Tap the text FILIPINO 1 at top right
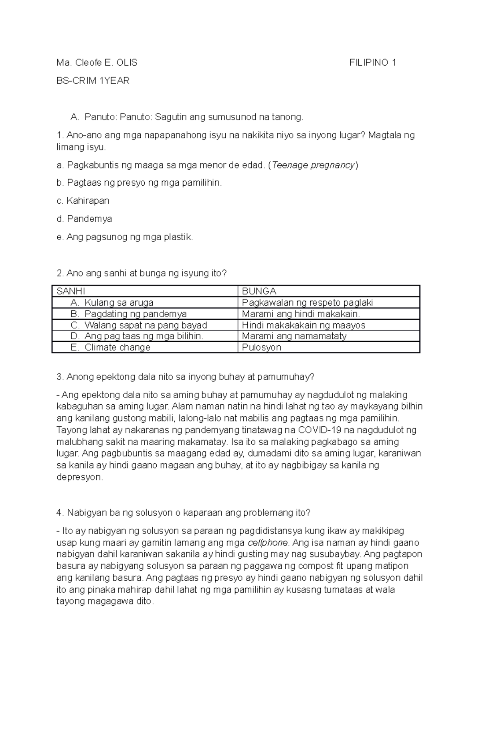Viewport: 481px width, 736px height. (373, 63)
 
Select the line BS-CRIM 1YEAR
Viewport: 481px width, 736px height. (93, 81)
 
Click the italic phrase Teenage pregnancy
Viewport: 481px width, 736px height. (313, 165)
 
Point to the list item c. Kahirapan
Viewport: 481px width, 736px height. (83, 201)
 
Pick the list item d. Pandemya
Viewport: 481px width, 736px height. (84, 219)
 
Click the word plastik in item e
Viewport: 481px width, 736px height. (178, 237)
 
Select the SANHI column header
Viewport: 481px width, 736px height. (71, 291)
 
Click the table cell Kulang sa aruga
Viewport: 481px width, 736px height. (119, 302)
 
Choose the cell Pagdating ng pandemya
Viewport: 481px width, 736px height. (135, 314)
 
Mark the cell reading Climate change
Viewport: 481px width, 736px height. (117, 347)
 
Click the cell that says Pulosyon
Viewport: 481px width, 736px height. (262, 347)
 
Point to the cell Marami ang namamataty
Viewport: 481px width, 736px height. (294, 336)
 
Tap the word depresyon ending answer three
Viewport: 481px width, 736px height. (80, 477)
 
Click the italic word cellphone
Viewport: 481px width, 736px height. (268, 543)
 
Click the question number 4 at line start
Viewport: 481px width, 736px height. (60, 513)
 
